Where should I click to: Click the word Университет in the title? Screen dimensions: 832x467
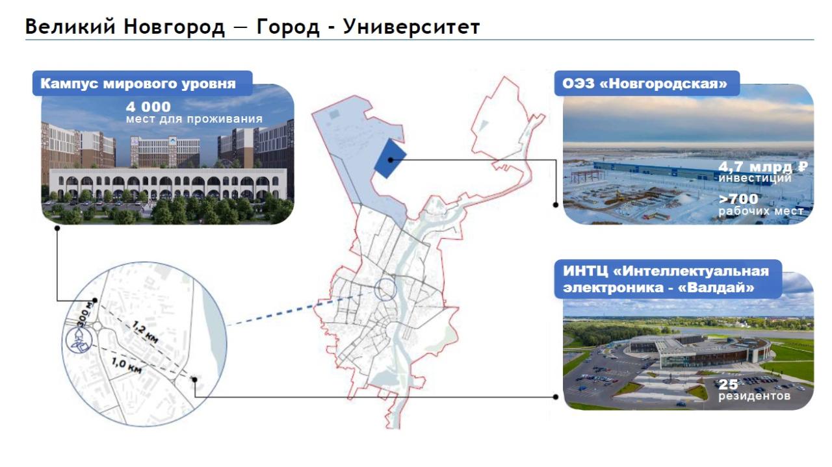coord(411,27)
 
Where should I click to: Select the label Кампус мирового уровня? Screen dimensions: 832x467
coord(138,84)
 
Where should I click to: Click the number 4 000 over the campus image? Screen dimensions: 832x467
coord(148,107)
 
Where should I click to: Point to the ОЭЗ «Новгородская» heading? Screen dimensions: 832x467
coord(645,84)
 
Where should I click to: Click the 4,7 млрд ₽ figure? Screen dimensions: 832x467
coord(763,167)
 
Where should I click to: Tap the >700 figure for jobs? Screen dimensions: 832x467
coord(738,199)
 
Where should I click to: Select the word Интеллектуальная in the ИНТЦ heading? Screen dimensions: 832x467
coord(691,271)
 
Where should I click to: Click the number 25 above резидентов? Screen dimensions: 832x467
coord(728,385)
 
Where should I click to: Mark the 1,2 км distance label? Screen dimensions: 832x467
coord(145,333)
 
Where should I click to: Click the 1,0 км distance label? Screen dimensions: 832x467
coord(127,365)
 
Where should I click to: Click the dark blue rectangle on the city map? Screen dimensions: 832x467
coord(390,158)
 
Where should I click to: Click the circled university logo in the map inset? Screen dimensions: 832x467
coord(79,340)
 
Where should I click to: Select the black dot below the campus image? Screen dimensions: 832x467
coord(57,228)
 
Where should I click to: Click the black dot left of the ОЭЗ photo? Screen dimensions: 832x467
coord(556,205)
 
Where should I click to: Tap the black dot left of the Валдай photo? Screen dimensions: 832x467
coord(556,397)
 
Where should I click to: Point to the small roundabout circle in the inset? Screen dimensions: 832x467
coord(97,326)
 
